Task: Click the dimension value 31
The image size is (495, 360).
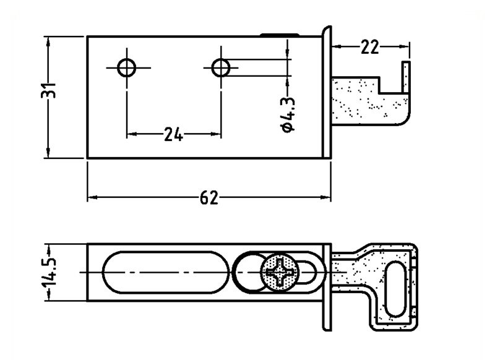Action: [x=48, y=90]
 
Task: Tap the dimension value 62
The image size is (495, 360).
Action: [x=209, y=198]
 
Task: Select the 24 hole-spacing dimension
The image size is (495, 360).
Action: [x=173, y=134]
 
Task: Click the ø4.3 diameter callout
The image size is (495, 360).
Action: [x=288, y=114]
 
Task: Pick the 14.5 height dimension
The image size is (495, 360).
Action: [x=49, y=272]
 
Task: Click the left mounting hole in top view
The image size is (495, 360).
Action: [x=127, y=68]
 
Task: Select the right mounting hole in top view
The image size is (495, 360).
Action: [x=221, y=67]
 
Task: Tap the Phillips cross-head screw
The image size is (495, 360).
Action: [x=279, y=272]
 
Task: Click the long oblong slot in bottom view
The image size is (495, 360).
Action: [x=166, y=272]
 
